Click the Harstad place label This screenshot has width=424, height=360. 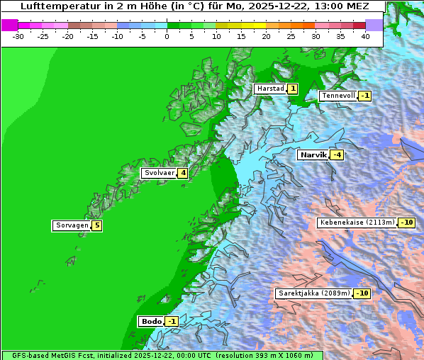[270, 89]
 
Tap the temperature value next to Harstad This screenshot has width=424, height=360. [292, 89]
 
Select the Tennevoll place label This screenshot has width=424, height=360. [337, 96]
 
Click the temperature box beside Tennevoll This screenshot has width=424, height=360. [364, 96]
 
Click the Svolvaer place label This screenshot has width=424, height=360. [159, 173]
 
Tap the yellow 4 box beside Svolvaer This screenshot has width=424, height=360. [182, 173]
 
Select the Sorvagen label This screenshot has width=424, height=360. [72, 225]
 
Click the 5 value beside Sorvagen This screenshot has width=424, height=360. [97, 225]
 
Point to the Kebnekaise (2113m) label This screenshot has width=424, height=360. [357, 223]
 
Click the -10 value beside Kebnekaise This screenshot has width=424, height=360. [406, 223]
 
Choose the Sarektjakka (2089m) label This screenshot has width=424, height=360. [314, 293]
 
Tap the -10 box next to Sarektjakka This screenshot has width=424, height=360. [362, 293]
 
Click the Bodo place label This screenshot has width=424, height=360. [151, 321]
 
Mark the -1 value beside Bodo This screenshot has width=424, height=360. [171, 321]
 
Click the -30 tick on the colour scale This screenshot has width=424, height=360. [18, 35]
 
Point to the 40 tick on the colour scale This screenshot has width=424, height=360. [365, 35]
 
